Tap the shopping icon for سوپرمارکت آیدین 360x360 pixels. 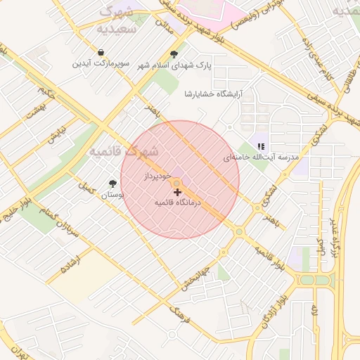coord(102,53)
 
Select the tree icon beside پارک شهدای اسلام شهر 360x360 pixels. coord(174,54)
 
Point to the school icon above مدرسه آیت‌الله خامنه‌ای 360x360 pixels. coord(263,146)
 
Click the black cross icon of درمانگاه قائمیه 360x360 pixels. coord(176,191)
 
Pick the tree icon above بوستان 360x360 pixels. coord(112,183)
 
